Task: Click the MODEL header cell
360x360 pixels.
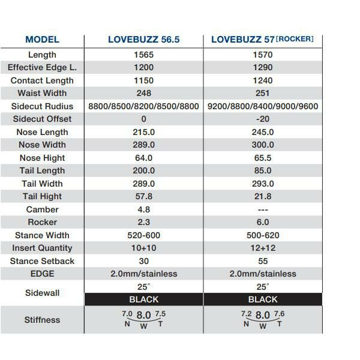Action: point(42,40)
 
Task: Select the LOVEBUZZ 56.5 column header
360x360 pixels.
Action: point(144,40)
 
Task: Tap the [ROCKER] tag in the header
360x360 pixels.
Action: point(294,39)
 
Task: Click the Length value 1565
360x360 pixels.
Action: point(144,55)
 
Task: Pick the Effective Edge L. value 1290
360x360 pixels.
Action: point(263,68)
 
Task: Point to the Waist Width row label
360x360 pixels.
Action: point(42,93)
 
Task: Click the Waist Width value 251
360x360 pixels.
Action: point(263,93)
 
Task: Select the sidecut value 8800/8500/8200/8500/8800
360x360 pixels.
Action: point(143,106)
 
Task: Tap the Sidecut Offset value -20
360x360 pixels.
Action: point(263,119)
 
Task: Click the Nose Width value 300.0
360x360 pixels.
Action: point(263,145)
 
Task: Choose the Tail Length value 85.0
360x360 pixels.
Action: point(263,170)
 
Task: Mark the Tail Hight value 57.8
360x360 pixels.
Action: point(144,196)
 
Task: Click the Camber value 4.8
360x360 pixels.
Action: point(144,209)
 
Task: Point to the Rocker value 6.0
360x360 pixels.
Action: point(263,222)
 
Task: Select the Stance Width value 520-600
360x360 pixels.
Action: point(144,235)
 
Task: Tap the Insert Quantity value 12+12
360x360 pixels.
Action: point(263,248)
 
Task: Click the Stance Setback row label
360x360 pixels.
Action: point(42,261)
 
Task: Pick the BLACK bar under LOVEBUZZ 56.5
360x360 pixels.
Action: point(144,299)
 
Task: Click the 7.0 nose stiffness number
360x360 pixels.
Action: point(127,314)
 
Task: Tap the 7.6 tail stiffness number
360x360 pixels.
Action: point(280,314)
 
